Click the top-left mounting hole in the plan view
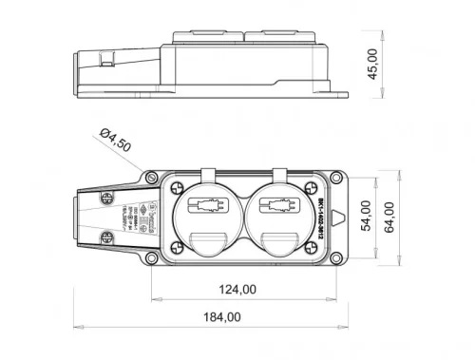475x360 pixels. [152, 177]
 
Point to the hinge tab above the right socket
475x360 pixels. [278, 176]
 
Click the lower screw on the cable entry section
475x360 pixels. [102, 244]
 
